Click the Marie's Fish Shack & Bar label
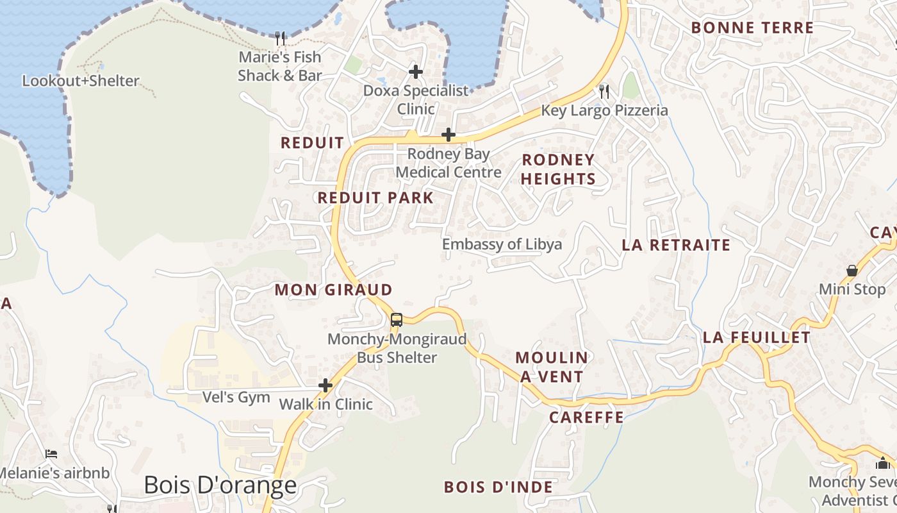(279, 66)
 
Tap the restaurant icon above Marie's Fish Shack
(279, 38)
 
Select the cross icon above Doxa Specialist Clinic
(416, 72)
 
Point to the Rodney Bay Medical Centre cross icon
(448, 135)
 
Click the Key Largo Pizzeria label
(604, 110)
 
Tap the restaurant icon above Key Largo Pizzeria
(603, 91)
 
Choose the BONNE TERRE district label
(752, 28)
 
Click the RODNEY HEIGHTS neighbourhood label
(558, 169)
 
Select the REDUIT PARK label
(376, 198)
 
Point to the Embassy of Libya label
(502, 244)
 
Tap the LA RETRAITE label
(676, 245)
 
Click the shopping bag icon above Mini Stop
(852, 271)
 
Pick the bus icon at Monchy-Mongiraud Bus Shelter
(397, 319)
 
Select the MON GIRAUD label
(333, 290)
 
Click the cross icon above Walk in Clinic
(325, 385)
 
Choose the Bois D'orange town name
(220, 485)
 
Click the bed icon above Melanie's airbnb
(51, 454)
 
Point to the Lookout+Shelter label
(81, 81)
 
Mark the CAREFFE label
(586, 418)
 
